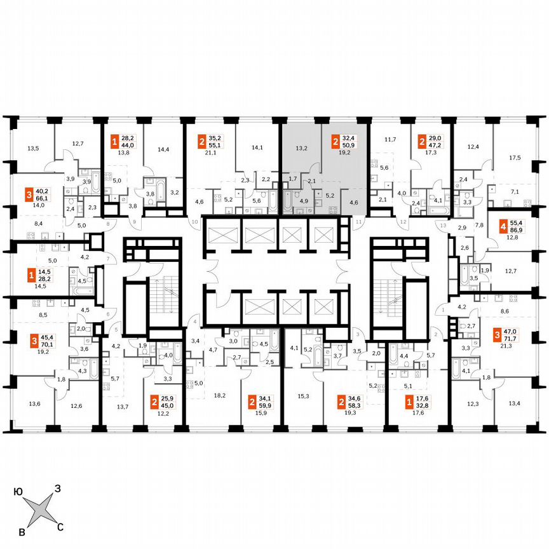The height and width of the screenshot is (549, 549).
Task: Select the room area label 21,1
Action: tap(210, 153)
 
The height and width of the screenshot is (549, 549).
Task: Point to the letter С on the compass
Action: tap(60, 525)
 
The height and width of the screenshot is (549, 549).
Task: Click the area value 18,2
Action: tap(219, 395)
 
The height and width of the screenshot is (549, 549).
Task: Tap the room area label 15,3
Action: tap(302, 395)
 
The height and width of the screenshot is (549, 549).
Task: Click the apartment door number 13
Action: tap(444, 226)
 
